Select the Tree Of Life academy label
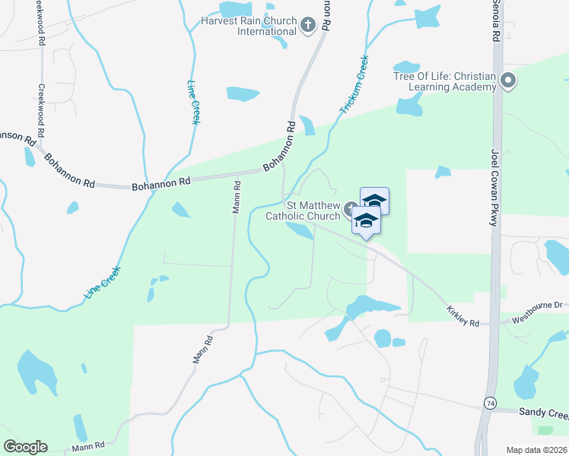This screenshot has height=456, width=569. pos(444,81)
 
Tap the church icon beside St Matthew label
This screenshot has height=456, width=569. pos(348,209)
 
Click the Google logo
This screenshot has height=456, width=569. pos(25,447)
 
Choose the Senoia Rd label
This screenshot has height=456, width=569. pos(495,21)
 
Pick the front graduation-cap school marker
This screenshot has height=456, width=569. pos(366,221)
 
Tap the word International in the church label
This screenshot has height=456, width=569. pos(266,32)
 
